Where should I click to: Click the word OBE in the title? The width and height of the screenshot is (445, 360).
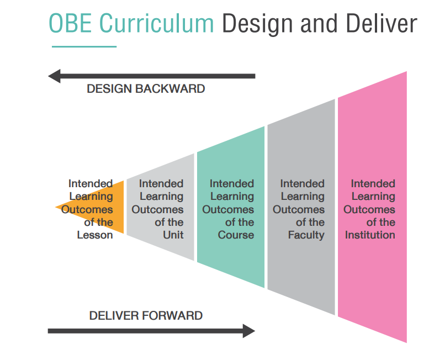[71, 23]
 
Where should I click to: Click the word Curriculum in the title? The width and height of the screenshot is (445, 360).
[156, 23]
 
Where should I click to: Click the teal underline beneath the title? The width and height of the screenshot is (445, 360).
[84, 46]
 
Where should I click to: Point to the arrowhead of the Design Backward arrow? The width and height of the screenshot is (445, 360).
[54, 76]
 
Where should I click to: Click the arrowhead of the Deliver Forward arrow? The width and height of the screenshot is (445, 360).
[249, 331]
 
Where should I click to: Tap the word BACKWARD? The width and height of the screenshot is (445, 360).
[169, 88]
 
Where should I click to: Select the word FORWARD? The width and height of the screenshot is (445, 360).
[172, 315]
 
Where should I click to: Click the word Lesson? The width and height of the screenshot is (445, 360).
[95, 235]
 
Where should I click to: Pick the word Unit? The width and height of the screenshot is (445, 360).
[173, 235]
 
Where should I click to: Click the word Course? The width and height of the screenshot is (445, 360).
[236, 235]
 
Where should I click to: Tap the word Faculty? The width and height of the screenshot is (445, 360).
[306, 235]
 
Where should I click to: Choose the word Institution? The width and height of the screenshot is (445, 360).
[370, 235]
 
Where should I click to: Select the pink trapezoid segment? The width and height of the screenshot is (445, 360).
[372, 207]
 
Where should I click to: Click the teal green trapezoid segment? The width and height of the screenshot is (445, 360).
[231, 207]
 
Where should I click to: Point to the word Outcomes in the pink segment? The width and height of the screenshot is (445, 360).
[369, 209]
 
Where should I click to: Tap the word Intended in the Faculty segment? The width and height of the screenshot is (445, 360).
[302, 184]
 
